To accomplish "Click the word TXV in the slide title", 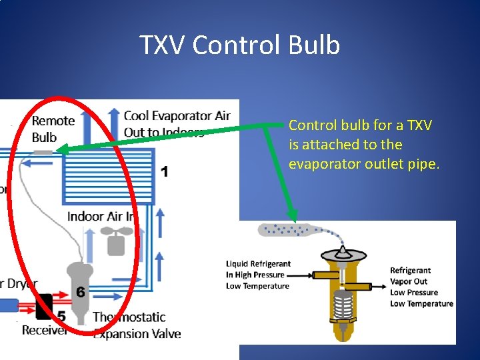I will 163,45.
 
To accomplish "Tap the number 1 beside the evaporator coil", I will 164,172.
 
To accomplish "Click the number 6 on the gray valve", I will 80,292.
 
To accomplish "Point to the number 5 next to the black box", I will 61,315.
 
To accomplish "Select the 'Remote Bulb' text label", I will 53,129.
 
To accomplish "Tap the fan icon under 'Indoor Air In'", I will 115,241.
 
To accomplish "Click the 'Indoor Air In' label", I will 100,216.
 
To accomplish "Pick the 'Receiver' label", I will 44,330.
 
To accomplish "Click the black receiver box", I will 45,306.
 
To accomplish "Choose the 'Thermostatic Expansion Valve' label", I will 137,325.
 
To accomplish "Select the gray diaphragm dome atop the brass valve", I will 343,255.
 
